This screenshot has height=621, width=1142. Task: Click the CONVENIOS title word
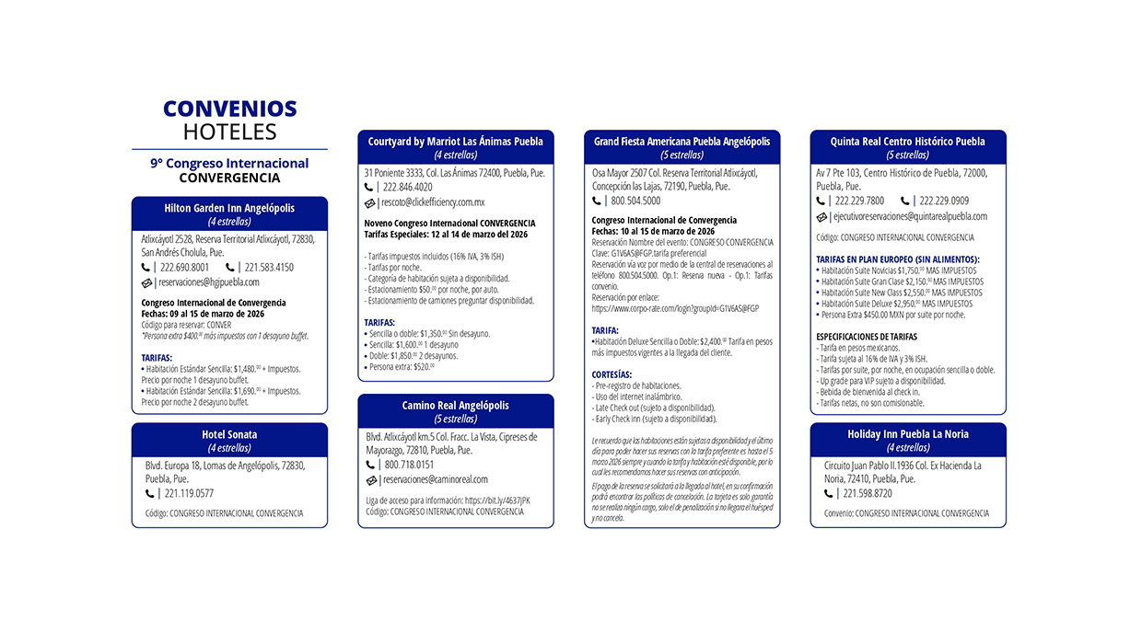pyautogui.click(x=229, y=109)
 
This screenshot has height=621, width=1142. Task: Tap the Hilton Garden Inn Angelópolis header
pyautogui.click(x=229, y=208)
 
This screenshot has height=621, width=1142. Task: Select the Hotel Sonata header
pyautogui.click(x=229, y=434)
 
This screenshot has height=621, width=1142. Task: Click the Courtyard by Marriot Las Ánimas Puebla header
pyautogui.click(x=455, y=142)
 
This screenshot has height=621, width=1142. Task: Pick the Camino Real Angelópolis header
pyautogui.click(x=455, y=406)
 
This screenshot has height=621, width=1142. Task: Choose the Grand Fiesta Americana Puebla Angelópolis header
pyautogui.click(x=682, y=142)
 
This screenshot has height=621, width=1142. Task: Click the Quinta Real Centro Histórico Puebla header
pyautogui.click(x=908, y=142)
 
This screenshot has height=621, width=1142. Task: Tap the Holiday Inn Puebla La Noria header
pyautogui.click(x=908, y=434)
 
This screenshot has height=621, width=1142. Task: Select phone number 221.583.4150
pyautogui.click(x=270, y=268)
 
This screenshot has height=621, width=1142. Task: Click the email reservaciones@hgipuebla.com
pyautogui.click(x=209, y=282)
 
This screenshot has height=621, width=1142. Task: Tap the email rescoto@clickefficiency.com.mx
pyautogui.click(x=433, y=202)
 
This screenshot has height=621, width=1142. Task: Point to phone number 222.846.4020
pyautogui.click(x=408, y=187)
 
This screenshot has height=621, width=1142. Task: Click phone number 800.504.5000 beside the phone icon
pyautogui.click(x=635, y=201)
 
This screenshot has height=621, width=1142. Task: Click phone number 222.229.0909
pyautogui.click(x=944, y=201)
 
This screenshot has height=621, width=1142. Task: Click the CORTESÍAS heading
pyautogui.click(x=612, y=374)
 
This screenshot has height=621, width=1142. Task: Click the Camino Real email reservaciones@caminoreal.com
pyautogui.click(x=436, y=479)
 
